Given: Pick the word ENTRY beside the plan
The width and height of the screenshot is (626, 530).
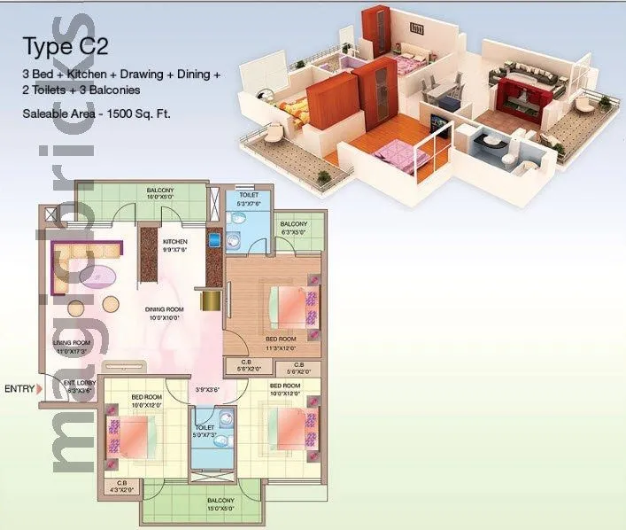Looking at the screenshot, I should pos(19,388).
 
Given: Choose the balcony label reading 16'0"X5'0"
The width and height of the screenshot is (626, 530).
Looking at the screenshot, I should pos(160,194).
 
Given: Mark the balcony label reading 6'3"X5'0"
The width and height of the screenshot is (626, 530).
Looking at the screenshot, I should pos(293,229).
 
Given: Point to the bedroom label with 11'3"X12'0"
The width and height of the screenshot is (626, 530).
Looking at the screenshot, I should pos(281,343).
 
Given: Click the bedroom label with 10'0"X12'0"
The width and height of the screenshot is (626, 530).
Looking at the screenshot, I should pos(284,391).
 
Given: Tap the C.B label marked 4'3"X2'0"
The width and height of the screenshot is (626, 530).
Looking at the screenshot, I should pos(120,486).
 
